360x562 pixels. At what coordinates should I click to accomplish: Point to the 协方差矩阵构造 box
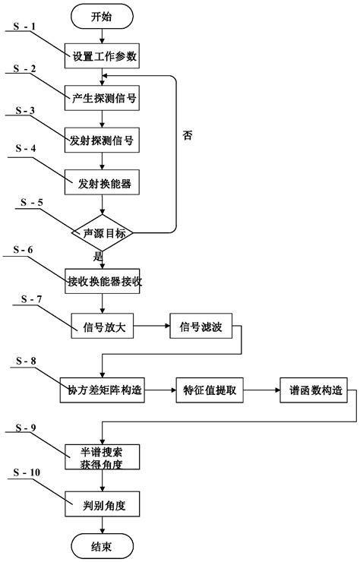click(x=102, y=391)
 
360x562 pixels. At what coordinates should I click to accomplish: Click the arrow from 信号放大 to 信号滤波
click(x=153, y=328)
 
